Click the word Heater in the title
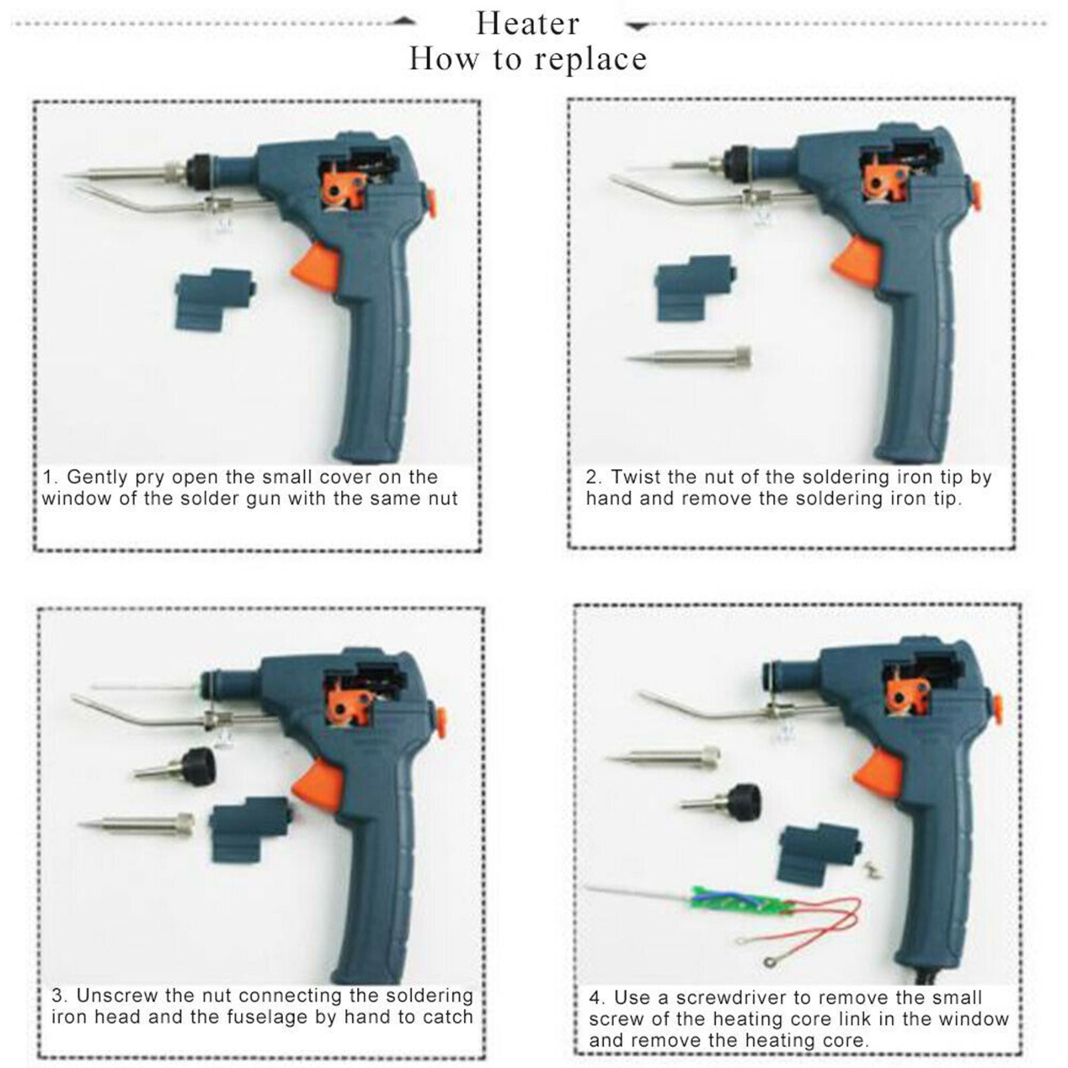click(527, 24)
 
